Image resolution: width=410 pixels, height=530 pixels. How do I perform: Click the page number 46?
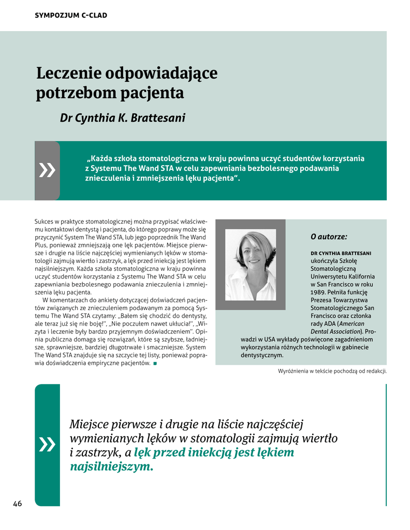pos(18,504)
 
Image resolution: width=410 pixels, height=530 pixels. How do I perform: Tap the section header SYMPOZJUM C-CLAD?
pos(71,16)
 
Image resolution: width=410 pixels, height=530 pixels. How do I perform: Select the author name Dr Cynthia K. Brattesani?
pos(123,118)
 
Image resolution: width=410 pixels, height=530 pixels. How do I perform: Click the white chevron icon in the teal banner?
pos(47,170)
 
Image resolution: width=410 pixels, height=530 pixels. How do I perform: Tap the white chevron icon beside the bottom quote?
pos(47,444)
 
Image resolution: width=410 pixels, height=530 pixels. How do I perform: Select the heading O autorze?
pos(329,237)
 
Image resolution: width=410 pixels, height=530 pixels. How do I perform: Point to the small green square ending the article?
pos(155,363)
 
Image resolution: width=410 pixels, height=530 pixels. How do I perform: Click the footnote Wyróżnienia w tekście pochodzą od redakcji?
pos(332,371)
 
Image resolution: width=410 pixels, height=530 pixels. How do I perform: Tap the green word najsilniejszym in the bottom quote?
pos(111,467)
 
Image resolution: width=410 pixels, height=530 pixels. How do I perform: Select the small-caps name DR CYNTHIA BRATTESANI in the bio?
pos(341,253)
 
